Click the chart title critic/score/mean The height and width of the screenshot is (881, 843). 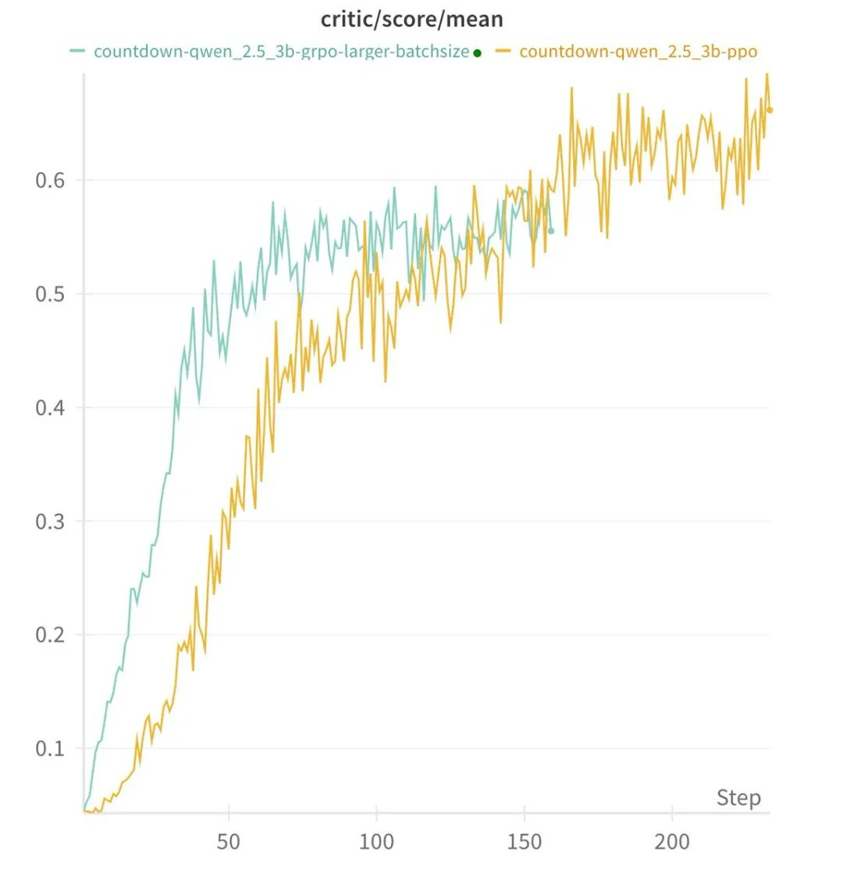(x=411, y=19)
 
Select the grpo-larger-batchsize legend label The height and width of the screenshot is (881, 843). (x=281, y=52)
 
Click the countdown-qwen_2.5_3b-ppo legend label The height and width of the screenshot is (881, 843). (x=638, y=52)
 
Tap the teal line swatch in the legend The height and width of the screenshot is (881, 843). (x=77, y=52)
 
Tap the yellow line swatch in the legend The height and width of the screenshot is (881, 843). (x=503, y=52)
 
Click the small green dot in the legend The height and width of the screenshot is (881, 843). (x=478, y=53)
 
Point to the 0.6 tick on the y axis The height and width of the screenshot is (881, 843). (x=49, y=180)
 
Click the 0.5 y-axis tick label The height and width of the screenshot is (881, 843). (x=49, y=294)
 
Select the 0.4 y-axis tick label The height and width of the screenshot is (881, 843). (x=49, y=408)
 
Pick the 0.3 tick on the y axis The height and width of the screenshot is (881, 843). (x=49, y=522)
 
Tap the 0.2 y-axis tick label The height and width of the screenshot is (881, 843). (x=49, y=635)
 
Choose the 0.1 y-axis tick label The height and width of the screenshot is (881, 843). (x=49, y=748)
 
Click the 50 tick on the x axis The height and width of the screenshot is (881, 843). (x=229, y=842)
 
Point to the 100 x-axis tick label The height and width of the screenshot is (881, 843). (x=376, y=842)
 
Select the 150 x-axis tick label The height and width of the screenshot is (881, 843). (x=525, y=842)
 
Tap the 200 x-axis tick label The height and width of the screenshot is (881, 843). (x=672, y=842)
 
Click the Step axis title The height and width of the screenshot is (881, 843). (x=738, y=798)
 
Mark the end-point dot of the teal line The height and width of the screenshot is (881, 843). (x=551, y=231)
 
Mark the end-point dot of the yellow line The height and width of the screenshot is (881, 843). (x=770, y=110)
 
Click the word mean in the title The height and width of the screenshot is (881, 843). (x=475, y=19)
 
